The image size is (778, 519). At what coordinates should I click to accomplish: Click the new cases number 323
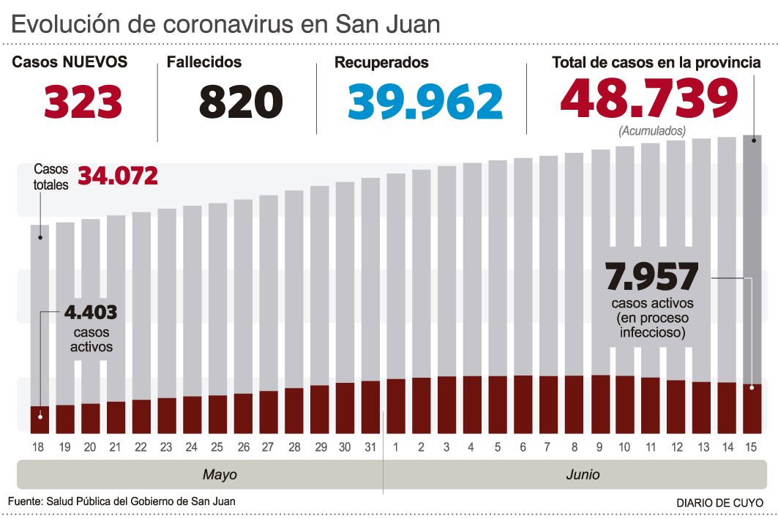(x=83, y=102)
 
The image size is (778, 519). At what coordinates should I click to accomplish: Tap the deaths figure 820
(x=241, y=102)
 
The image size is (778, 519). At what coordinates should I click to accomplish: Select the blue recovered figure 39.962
(x=425, y=102)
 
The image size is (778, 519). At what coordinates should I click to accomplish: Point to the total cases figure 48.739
(x=649, y=99)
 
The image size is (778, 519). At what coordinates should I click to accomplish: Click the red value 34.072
(x=118, y=176)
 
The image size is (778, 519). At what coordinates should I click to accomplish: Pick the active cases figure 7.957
(x=652, y=278)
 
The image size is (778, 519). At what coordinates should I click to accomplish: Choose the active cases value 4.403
(x=91, y=313)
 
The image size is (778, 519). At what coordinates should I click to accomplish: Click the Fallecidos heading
(x=204, y=63)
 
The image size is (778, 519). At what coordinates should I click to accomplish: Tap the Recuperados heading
(x=381, y=63)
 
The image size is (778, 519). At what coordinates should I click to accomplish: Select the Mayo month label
(x=220, y=474)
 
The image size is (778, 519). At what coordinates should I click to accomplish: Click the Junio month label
(x=583, y=474)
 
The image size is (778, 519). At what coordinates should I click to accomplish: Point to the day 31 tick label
(x=370, y=447)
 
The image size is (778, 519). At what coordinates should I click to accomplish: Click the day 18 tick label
(x=40, y=447)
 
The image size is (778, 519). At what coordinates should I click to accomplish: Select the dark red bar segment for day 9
(x=600, y=403)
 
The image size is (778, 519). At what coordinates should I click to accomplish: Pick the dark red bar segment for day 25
(x=218, y=414)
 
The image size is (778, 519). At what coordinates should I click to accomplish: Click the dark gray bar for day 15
(x=752, y=256)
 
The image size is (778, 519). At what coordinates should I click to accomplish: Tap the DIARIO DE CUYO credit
(x=719, y=503)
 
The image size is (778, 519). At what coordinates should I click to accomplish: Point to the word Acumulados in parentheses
(x=651, y=132)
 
